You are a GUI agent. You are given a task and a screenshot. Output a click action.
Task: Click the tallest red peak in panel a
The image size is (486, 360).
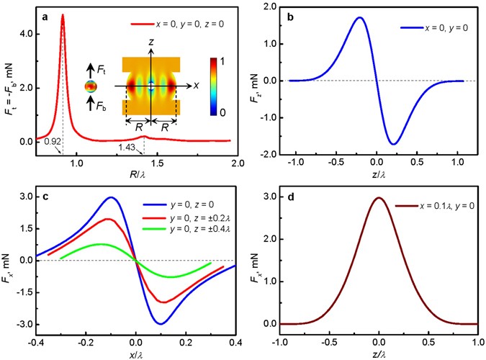click(63, 15)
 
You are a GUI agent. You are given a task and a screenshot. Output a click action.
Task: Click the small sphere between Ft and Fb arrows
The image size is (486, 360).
click(90, 87)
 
